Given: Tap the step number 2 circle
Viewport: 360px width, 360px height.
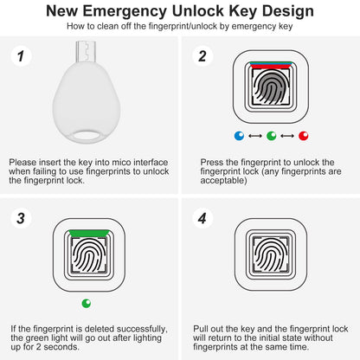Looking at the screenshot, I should pos(202,57).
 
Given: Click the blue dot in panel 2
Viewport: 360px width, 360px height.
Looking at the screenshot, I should pos(238,136).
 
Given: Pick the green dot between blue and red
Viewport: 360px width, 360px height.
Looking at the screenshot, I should pos(271,136).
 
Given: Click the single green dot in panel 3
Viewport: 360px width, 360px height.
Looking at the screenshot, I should pos(87,303).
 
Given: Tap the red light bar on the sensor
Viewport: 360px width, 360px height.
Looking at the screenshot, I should pos(270,66).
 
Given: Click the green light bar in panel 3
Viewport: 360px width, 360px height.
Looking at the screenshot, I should pos(87,231).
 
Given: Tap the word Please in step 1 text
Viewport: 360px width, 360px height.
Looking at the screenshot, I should pos(23,162).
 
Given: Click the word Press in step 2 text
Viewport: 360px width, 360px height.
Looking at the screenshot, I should pos(212,162).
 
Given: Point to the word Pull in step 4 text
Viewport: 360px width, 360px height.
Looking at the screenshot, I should pos(209,329).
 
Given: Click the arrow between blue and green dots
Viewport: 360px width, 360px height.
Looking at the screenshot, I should pos(254,136).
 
